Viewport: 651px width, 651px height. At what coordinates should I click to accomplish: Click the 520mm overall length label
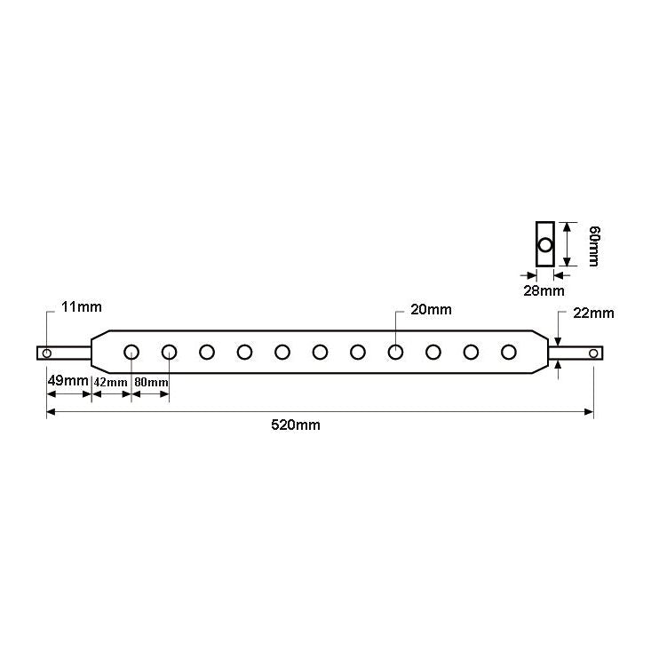[296, 425]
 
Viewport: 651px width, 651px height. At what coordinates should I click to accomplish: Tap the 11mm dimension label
[81, 307]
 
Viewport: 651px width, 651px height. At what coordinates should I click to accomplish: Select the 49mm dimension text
[67, 381]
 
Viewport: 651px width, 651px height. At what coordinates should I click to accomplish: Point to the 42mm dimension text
[111, 382]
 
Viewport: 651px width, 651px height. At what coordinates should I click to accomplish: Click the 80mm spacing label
[150, 382]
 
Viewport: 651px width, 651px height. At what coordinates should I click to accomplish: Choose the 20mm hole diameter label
[431, 310]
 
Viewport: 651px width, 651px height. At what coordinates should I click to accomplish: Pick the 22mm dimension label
[593, 314]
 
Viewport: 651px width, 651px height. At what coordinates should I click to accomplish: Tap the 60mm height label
[594, 244]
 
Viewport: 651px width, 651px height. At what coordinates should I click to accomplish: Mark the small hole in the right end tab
[593, 353]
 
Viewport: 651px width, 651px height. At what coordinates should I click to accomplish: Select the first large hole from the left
[131, 352]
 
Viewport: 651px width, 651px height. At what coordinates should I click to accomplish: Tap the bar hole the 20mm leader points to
[395, 352]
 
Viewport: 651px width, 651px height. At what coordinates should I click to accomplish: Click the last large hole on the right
[509, 352]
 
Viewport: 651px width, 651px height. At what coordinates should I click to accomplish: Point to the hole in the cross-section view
[545, 243]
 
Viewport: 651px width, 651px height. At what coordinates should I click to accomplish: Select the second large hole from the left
[169, 352]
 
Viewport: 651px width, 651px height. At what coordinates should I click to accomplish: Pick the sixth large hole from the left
[320, 352]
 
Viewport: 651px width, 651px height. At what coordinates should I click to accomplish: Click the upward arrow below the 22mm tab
[559, 367]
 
